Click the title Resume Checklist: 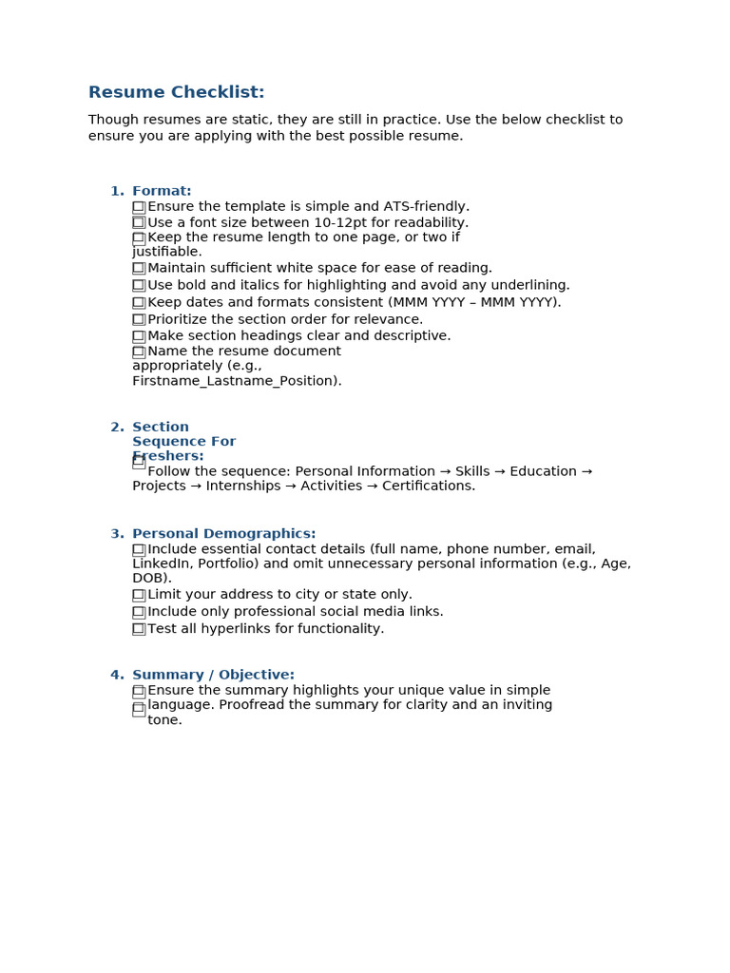point(176,92)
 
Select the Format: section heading point(162,191)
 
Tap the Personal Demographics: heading point(223,534)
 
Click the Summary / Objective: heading point(213,675)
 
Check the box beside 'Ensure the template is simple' point(139,206)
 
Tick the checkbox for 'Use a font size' point(139,222)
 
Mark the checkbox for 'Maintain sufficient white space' point(139,268)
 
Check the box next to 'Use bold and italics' point(139,285)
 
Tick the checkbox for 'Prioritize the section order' point(139,319)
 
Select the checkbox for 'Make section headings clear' point(139,335)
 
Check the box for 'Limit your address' point(139,595)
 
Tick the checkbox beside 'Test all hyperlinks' point(139,629)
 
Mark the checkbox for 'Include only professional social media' point(139,612)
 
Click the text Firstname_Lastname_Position point(235,381)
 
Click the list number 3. point(116,534)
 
